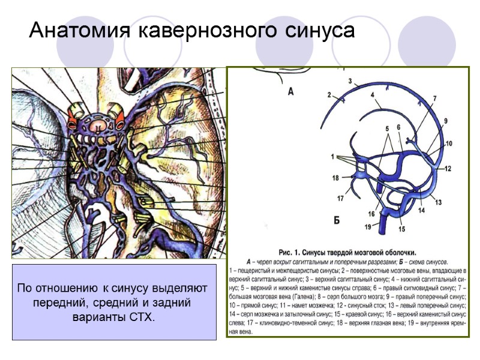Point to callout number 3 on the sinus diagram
349,80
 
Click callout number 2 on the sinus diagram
329,94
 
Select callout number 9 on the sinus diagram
446,121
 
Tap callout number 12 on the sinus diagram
448,169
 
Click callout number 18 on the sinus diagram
335,178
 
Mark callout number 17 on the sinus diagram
340,198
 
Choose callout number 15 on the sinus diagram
401,229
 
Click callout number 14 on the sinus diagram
421,211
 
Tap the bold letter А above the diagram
291,92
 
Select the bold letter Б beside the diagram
337,220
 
